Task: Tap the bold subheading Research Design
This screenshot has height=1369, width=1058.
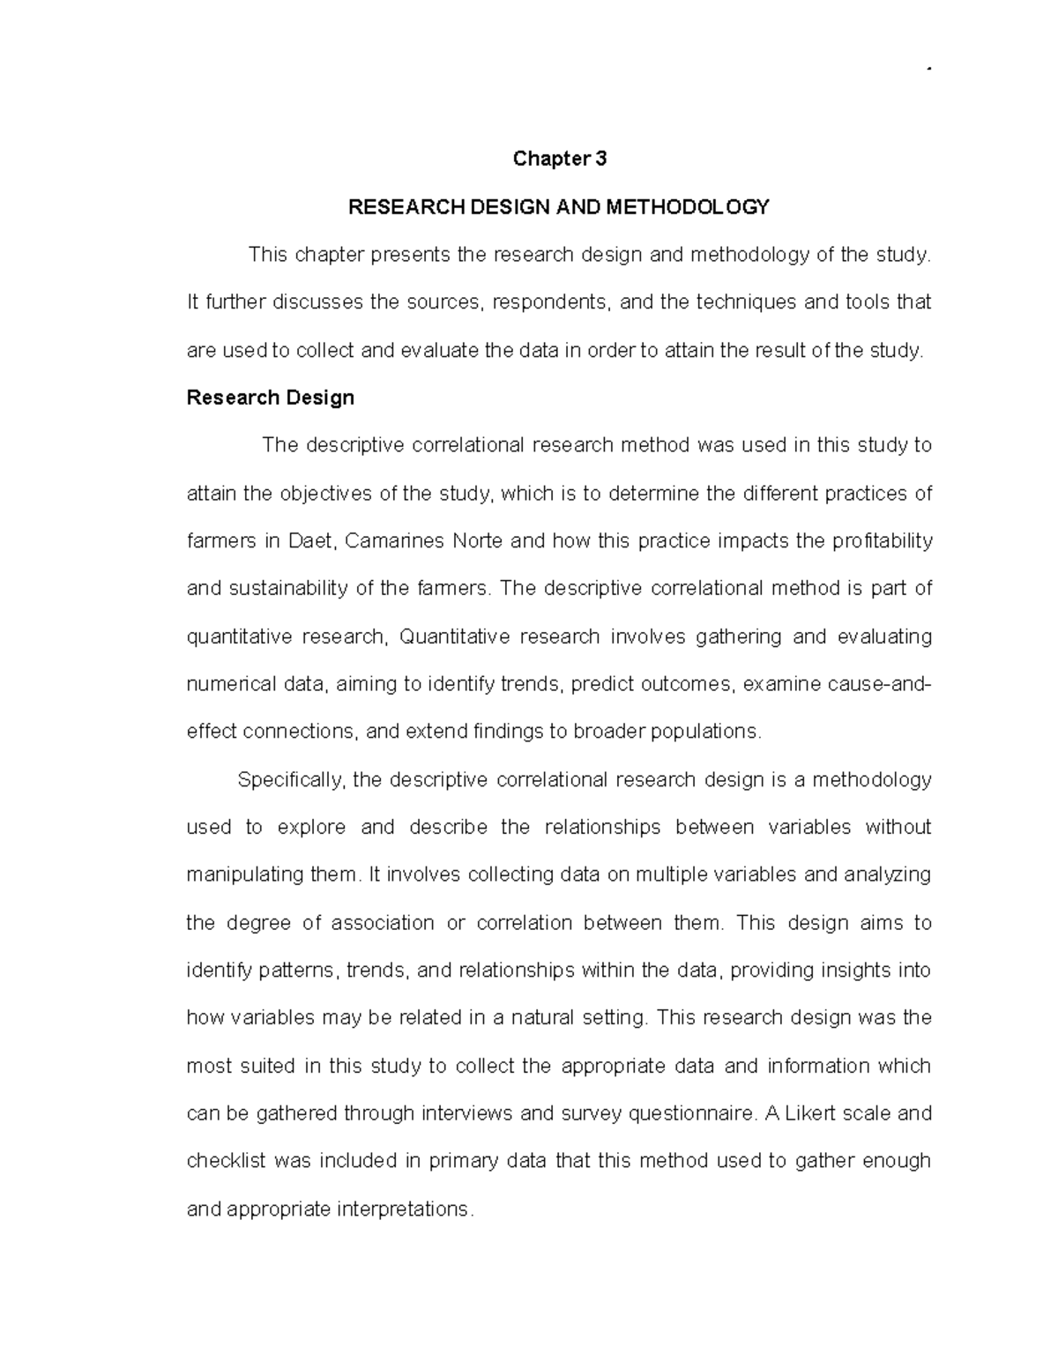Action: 271,398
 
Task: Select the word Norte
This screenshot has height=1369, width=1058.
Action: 478,540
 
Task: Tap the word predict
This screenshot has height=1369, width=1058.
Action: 602,684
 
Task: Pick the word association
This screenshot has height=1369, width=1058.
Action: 383,923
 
